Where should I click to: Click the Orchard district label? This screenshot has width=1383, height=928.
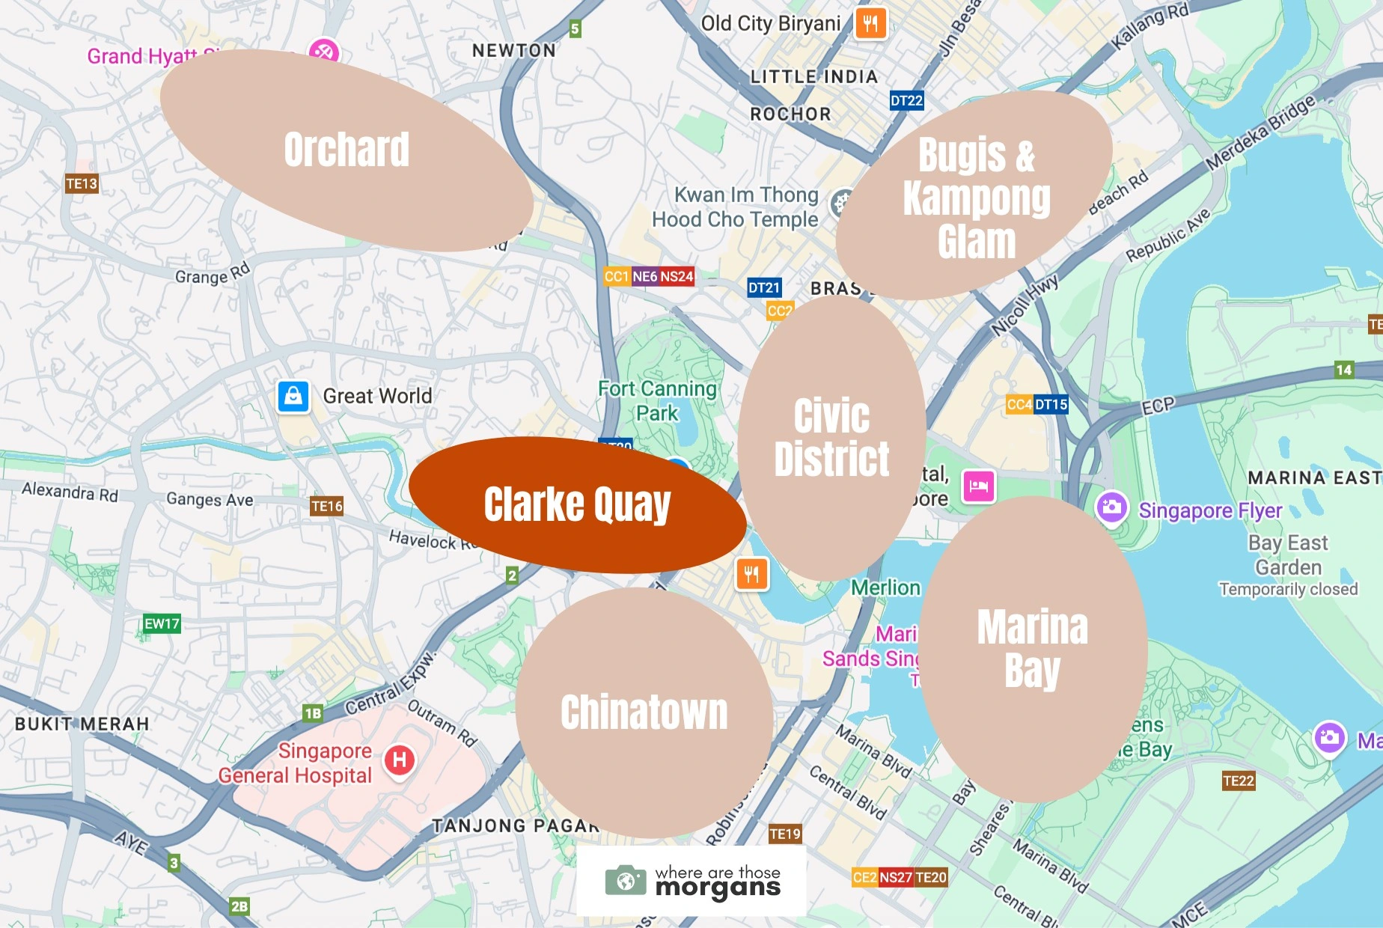click(x=346, y=150)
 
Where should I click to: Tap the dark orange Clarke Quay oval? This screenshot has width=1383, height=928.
click(x=577, y=505)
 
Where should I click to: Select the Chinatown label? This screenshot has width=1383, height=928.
click(x=644, y=712)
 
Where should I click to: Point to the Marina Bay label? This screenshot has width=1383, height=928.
click(x=1033, y=648)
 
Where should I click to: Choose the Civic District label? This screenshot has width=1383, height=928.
click(x=831, y=437)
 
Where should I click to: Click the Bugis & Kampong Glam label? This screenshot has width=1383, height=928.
click(x=976, y=198)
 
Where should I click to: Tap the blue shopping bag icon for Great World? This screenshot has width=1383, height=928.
click(x=293, y=396)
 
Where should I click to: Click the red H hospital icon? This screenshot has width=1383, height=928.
click(x=400, y=760)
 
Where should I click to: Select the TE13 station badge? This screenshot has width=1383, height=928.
click(x=82, y=183)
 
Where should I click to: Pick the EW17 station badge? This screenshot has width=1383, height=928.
click(x=162, y=623)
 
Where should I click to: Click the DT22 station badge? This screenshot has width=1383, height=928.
click(x=906, y=100)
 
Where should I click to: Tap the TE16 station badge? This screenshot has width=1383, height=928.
click(x=327, y=506)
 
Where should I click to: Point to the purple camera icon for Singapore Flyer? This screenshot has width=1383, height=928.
click(x=1112, y=507)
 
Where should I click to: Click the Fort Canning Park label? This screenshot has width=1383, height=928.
click(x=657, y=400)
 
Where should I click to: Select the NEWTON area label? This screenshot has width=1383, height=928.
click(x=514, y=50)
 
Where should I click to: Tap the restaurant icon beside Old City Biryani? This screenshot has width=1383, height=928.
click(x=870, y=23)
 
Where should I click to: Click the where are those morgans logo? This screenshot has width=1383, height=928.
click(x=692, y=881)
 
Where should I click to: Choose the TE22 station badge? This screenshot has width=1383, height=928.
click(x=1238, y=781)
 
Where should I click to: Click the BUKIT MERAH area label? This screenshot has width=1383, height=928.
click(x=82, y=724)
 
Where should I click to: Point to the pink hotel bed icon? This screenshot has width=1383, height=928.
click(x=978, y=486)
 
